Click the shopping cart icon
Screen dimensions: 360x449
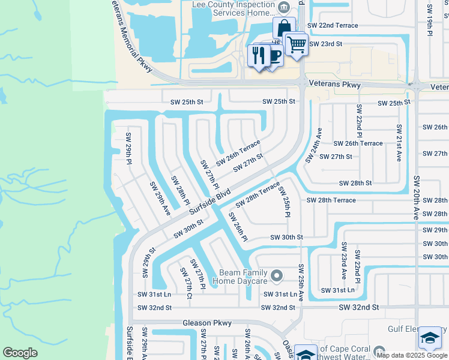296,44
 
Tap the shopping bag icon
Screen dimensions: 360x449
283,28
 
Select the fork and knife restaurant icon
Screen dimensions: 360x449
259,56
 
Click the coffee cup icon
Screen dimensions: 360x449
273,56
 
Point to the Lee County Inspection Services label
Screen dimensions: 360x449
235,9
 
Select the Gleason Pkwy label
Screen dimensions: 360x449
207,323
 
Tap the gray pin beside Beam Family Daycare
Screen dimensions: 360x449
276,276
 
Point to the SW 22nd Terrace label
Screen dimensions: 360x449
333,26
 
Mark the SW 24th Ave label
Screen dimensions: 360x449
313,145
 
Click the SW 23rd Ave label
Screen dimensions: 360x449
344,262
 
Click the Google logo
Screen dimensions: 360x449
20,353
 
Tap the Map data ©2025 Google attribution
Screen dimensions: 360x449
412,355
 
